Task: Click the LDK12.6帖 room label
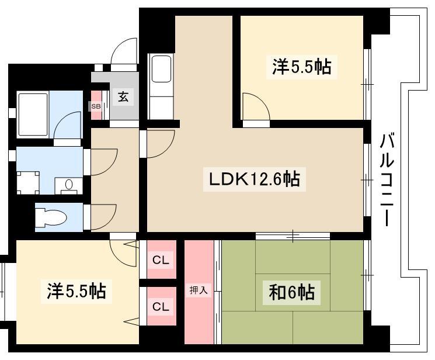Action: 255,179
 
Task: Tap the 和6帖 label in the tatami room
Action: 291,292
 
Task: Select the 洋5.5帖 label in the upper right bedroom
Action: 301,67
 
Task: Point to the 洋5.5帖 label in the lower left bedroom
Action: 76,291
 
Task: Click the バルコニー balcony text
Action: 387,180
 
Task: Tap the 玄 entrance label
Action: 123,96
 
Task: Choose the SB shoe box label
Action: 96,106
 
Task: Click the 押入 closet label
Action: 199,290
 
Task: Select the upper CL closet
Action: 161,259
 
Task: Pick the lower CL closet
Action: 161,306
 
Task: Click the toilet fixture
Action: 51,217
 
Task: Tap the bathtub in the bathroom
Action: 33,114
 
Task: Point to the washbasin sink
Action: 68,185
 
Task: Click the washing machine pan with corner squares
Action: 28,183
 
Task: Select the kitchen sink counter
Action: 161,86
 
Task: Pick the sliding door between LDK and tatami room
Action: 293,236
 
